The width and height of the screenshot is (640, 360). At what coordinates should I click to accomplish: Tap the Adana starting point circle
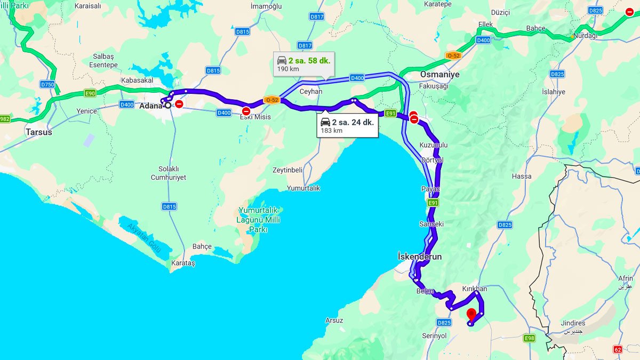coord(167,106)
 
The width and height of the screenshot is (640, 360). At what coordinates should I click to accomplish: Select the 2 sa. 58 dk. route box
coord(303,64)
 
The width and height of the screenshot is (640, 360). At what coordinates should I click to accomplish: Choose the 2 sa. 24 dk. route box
coord(347,126)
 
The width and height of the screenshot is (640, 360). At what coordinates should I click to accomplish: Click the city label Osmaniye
coord(439,75)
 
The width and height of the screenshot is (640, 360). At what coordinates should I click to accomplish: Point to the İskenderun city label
coord(420,257)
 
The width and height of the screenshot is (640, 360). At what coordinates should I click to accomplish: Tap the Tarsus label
coord(39,132)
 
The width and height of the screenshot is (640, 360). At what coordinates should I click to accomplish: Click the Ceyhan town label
coord(311,91)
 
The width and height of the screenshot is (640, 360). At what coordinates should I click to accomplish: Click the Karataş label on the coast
coord(183,263)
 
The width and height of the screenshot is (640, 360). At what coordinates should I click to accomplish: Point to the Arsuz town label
coord(334,321)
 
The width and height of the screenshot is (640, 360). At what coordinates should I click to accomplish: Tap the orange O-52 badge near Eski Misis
coord(271,100)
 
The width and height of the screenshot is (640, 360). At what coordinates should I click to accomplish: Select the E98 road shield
coord(529,338)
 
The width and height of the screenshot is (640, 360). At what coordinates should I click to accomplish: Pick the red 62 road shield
coord(618,349)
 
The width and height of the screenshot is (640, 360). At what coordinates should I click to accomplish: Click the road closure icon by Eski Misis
coord(246,111)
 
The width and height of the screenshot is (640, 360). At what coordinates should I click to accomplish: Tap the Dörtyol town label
coord(432,160)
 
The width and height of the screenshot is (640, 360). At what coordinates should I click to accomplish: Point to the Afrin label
coord(626,279)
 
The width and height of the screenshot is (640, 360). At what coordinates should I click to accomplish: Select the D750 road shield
coord(47,84)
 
